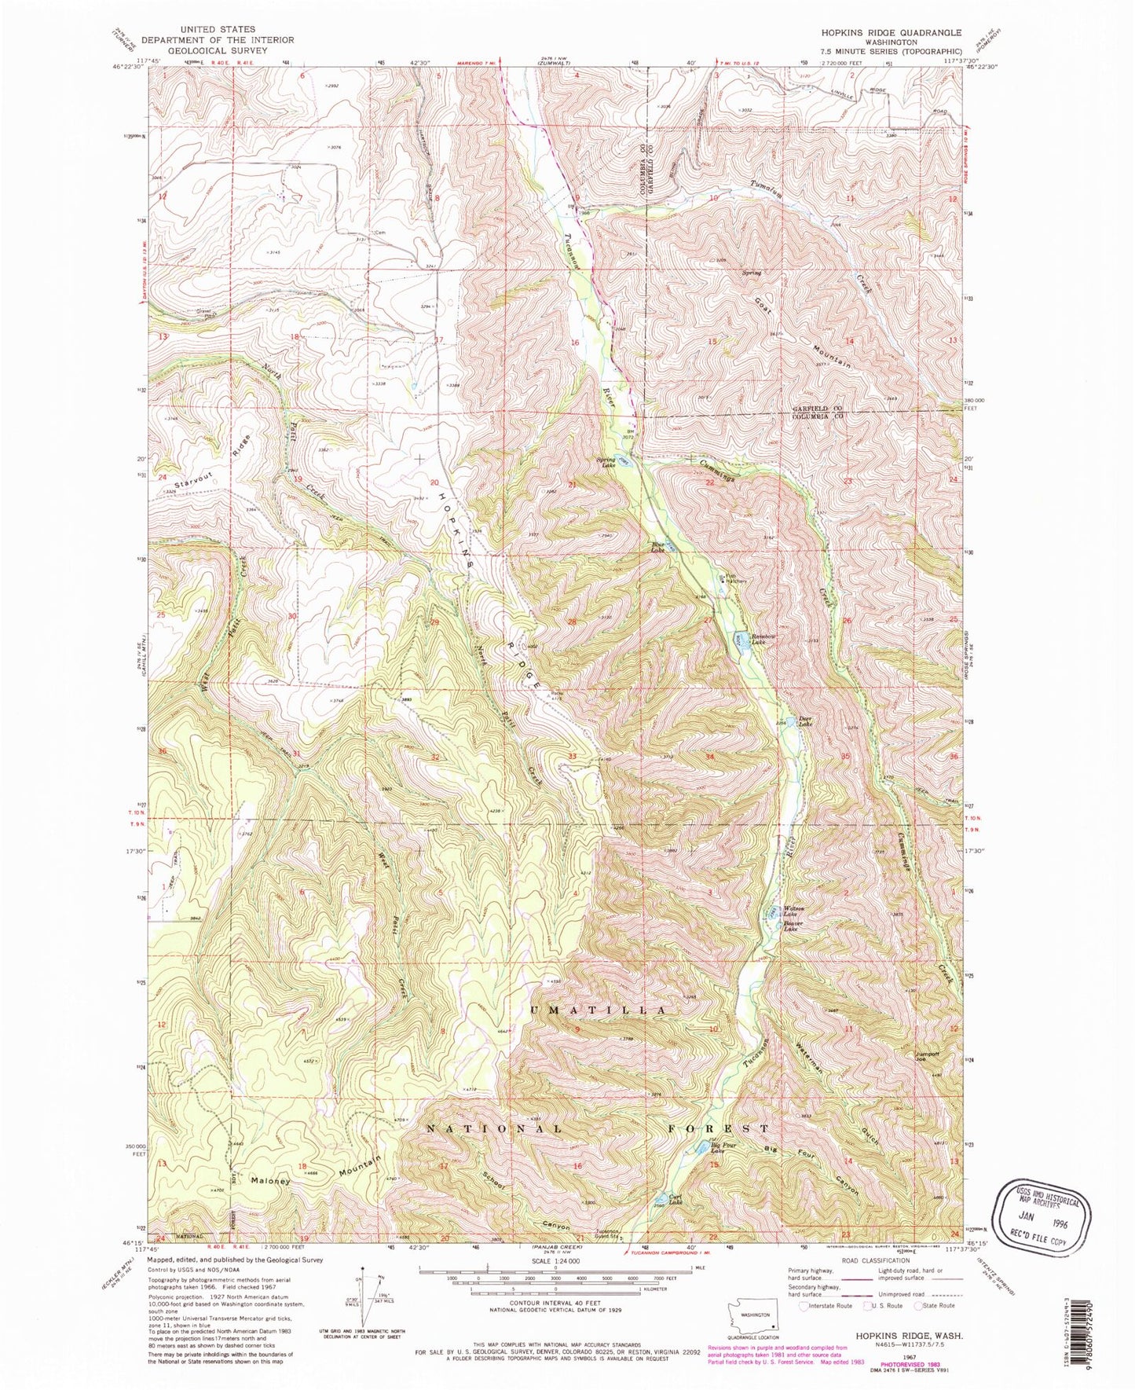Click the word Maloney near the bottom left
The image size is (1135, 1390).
pos(271,1180)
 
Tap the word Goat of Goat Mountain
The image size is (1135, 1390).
pos(763,306)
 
